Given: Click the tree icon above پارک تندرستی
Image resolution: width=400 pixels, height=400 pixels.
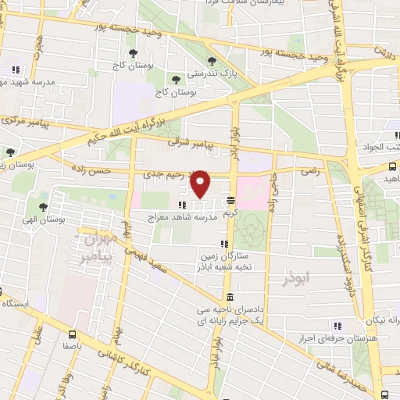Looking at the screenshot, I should point(212,61).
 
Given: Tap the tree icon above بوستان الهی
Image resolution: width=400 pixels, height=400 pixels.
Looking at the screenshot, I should point(46,208).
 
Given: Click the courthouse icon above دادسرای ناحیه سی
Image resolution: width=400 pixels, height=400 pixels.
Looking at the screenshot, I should point(228,298).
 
